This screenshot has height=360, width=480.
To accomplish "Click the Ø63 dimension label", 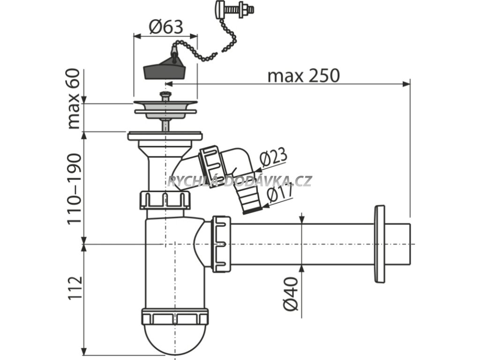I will click(x=165, y=28).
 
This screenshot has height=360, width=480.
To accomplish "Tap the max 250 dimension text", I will click(x=303, y=75).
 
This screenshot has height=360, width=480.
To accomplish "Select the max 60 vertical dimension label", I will click(x=74, y=99).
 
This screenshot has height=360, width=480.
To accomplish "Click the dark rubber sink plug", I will click(x=164, y=71).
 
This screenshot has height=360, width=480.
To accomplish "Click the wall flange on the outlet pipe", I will click(x=379, y=244).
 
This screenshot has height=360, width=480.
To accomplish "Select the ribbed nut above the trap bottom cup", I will click(x=174, y=317).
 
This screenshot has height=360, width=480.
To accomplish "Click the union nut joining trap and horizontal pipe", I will click(x=221, y=244).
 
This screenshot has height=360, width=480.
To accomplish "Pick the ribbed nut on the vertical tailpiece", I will click(x=165, y=200).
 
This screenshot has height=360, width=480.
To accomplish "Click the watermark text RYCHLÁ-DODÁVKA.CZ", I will click(x=240, y=181).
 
